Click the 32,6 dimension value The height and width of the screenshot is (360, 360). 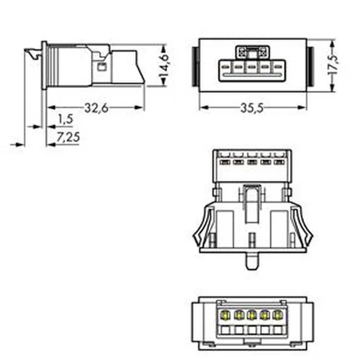tap(96, 108)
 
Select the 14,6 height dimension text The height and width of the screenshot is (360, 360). tap(164, 65)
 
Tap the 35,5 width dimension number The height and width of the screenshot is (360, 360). tap(252, 108)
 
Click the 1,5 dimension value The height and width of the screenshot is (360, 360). tap(66, 119)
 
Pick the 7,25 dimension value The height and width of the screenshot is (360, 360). tap(68, 137)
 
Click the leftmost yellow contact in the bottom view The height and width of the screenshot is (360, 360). tap(225, 315)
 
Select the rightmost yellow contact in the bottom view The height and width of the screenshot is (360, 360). tap(278, 315)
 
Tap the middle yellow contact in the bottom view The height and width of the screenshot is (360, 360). tap(252, 315)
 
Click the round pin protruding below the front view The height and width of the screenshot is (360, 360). tap(252, 261)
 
